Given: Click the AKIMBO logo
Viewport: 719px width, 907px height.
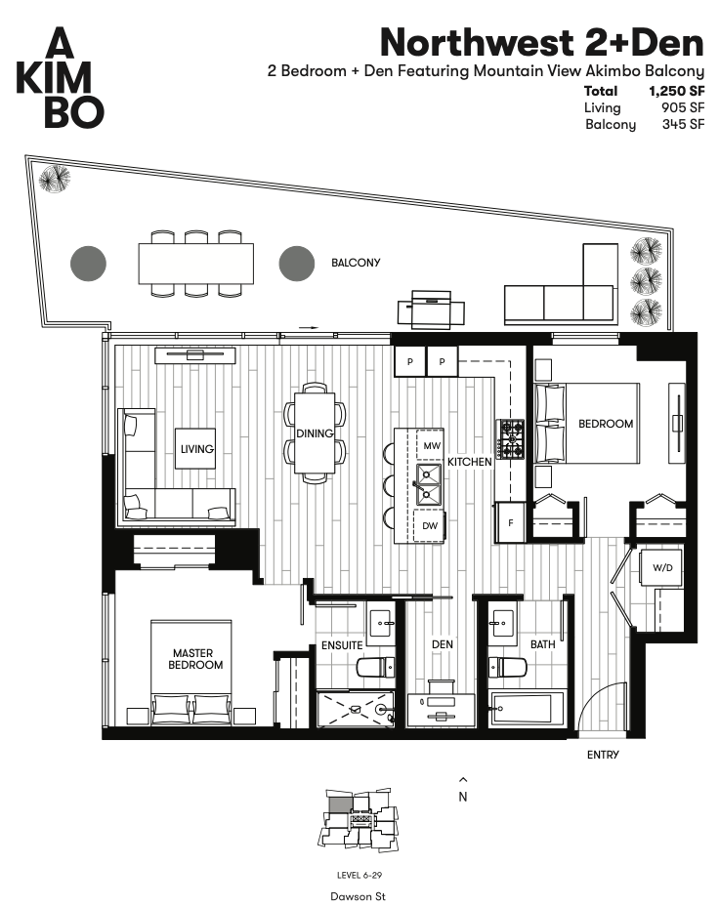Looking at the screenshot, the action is (x=60, y=77).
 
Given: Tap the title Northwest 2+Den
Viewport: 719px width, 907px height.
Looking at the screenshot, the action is (x=542, y=42).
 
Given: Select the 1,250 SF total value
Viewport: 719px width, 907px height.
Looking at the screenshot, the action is (x=677, y=91).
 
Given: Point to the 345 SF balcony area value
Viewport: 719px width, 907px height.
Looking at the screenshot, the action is (x=684, y=124).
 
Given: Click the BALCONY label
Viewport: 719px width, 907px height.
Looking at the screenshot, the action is (x=356, y=263).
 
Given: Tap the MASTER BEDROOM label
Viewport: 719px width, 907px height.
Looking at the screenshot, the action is (x=195, y=659).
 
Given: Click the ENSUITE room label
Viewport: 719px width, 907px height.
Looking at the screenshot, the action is (x=342, y=645).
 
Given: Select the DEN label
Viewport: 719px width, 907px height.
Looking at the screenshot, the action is (x=443, y=644).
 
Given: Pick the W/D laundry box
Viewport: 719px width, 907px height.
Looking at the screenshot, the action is (x=662, y=567).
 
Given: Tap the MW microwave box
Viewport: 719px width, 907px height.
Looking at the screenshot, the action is (x=431, y=445).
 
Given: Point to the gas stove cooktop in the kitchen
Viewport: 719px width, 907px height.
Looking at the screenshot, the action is (x=509, y=439).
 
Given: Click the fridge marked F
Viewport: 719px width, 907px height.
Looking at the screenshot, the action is (x=510, y=523).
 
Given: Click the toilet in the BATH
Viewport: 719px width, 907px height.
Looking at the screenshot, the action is (x=507, y=667).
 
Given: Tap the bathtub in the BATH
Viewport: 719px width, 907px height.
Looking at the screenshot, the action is (x=527, y=709).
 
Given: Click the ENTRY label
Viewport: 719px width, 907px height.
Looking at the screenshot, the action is (x=603, y=755).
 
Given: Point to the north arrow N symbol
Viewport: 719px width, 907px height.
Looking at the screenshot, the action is (x=462, y=790).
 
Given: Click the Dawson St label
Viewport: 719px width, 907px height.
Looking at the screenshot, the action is (x=358, y=896).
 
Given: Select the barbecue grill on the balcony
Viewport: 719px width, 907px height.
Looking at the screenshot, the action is (x=431, y=309).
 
